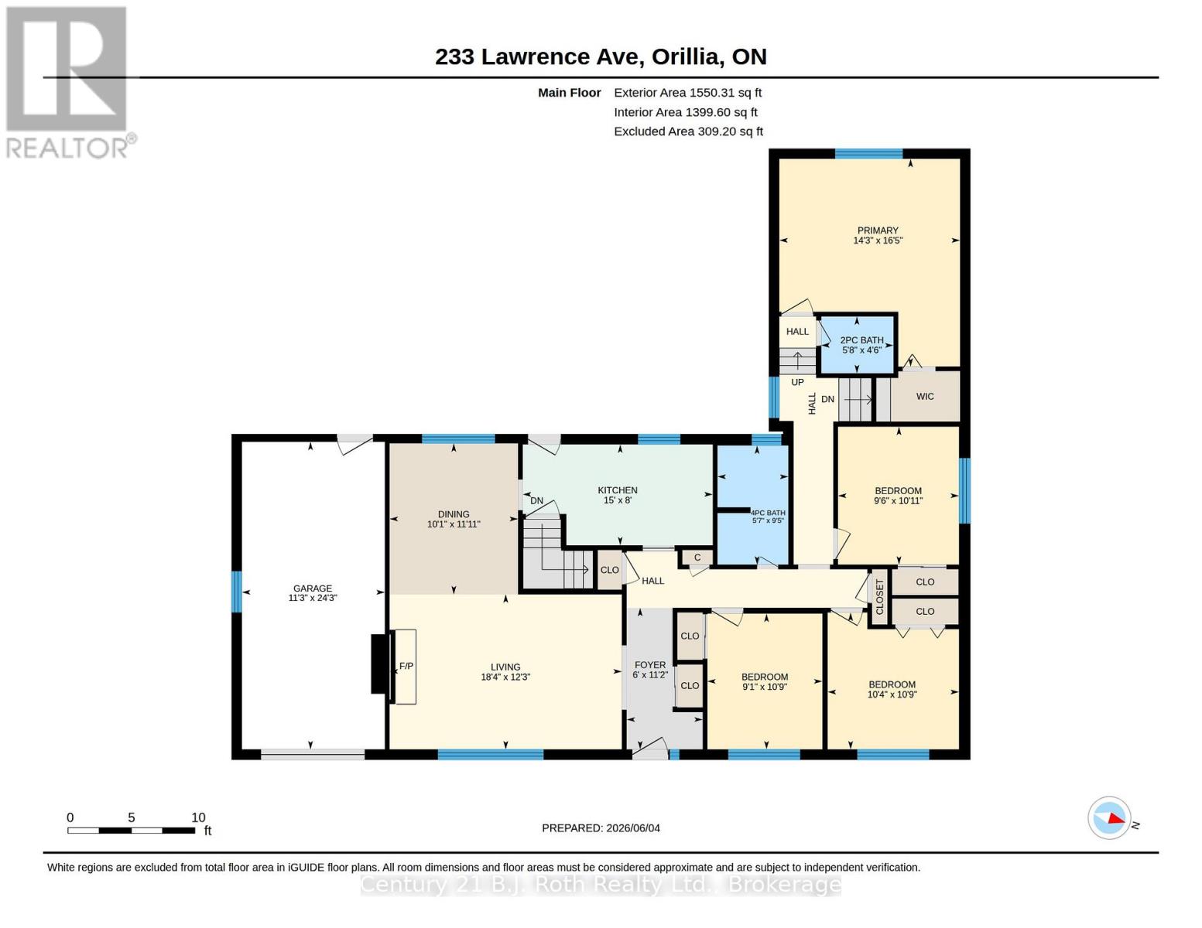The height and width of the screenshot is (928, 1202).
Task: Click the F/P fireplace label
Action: [x=406, y=666]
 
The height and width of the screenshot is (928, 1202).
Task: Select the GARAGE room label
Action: [x=313, y=588]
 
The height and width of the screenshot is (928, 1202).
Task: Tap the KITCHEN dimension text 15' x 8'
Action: [x=618, y=500]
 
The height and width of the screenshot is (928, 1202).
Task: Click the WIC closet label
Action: [x=925, y=396]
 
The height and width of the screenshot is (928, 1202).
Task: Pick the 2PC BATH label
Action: [x=861, y=340]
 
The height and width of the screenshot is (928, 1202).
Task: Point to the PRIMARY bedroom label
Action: [x=878, y=230]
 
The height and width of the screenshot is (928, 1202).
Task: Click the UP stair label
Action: [x=797, y=382]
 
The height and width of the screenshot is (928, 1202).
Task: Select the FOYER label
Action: [x=650, y=665]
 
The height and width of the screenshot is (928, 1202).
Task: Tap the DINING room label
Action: [x=454, y=514]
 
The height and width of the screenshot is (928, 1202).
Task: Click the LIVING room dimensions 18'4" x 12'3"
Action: [x=505, y=677]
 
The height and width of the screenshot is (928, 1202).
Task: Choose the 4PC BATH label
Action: [x=768, y=513]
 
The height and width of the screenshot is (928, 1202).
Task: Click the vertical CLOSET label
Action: [x=879, y=597]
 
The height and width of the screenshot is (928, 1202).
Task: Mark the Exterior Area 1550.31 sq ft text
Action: [x=687, y=93]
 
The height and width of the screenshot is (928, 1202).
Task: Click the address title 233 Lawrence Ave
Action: [x=539, y=57]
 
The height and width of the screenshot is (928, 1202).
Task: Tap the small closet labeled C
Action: [x=697, y=557]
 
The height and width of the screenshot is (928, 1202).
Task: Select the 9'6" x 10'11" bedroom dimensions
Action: [x=899, y=501]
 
